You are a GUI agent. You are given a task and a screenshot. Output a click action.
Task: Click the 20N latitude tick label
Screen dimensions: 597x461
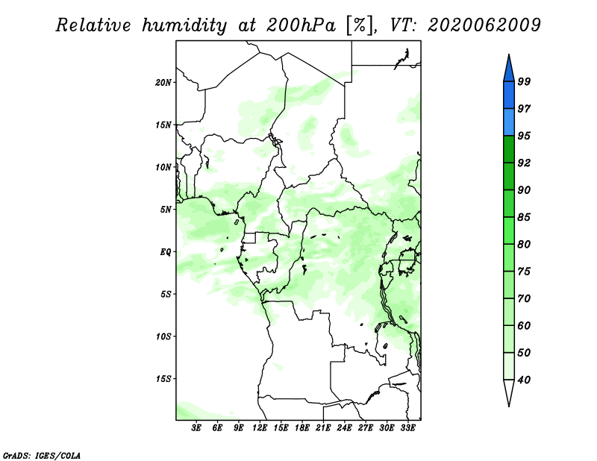[163, 83]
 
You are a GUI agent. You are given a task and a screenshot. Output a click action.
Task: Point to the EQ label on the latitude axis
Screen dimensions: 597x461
[165, 252]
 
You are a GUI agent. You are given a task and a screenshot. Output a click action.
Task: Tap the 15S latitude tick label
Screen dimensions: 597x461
[163, 379]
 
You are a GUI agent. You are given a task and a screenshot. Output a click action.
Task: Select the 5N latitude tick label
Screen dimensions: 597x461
[166, 210]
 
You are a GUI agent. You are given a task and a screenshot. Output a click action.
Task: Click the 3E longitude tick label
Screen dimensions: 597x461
[196, 427]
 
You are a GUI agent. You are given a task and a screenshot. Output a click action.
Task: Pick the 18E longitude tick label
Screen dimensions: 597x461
[302, 427]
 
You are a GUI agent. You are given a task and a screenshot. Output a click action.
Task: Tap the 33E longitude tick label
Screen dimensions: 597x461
[407, 427]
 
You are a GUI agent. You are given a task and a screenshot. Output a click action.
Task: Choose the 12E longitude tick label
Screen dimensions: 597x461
[260, 427]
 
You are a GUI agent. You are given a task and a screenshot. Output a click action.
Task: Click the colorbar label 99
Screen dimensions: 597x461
[524, 81]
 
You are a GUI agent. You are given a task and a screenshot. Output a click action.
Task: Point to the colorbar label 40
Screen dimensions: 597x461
[524, 380]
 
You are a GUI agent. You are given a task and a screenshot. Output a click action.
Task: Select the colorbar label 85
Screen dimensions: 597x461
[524, 217]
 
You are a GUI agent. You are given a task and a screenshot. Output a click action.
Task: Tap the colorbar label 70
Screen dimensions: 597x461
[524, 298]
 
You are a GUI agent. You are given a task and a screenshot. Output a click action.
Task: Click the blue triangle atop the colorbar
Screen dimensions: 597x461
[509, 70]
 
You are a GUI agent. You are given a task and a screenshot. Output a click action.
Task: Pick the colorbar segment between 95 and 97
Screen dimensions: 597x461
[509, 122]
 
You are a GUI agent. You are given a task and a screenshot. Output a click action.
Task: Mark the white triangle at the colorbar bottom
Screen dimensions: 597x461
[509, 391]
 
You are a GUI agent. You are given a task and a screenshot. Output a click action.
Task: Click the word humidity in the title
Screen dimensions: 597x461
[184, 26]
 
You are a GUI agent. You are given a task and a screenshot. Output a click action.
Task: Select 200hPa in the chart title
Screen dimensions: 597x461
[301, 25]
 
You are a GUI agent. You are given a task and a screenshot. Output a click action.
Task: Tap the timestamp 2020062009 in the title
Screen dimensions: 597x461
[484, 25]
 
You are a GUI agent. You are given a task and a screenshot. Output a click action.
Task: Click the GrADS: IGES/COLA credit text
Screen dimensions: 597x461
[42, 456]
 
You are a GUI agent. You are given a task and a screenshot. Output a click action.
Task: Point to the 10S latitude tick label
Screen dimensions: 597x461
[163, 336]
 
